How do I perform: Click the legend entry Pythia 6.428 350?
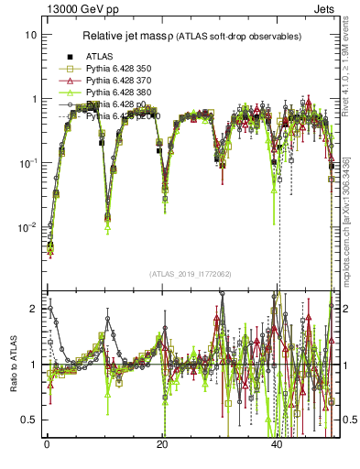pyautogui.click(x=119, y=69)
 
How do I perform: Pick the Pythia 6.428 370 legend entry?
pyautogui.click(x=119, y=81)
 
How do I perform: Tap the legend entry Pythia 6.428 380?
pyautogui.click(x=119, y=93)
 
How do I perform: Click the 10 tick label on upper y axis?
pyautogui.click(x=31, y=35)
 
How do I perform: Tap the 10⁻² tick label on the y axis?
pyautogui.click(x=28, y=226)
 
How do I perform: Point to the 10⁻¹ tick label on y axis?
pyautogui.click(x=28, y=162)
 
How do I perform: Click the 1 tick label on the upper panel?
pyautogui.click(x=35, y=99)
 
